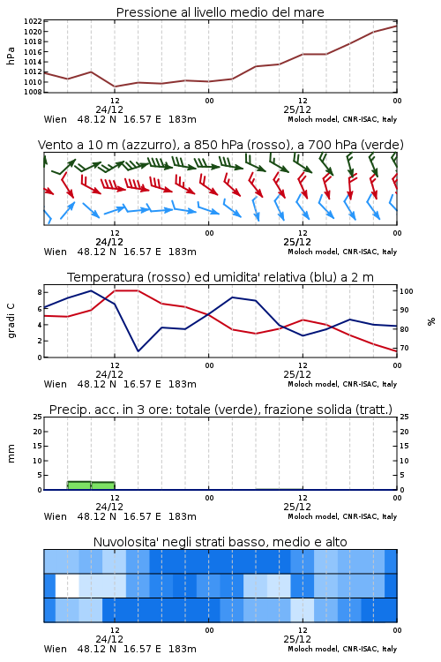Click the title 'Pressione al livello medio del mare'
click(x=220, y=12)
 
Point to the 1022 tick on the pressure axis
click(x=33, y=21)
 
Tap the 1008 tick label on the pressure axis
click(x=33, y=92)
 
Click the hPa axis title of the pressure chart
click(x=11, y=56)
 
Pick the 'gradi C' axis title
click(x=11, y=320)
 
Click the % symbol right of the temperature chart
click(x=431, y=321)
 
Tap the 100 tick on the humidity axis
click(x=407, y=291)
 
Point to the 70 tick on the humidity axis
click(x=404, y=349)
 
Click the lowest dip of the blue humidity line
click(x=138, y=350)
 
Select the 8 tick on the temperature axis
click(x=39, y=292)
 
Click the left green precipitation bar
click(x=78, y=485)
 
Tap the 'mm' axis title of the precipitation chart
click(x=11, y=453)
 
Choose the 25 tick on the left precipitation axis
click(x=38, y=418)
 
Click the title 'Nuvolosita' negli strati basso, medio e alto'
click(x=220, y=542)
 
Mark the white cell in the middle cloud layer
click(x=67, y=585)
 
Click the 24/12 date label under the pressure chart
click(x=109, y=109)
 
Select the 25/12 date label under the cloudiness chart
click(x=297, y=639)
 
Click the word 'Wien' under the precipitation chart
click(x=56, y=516)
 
